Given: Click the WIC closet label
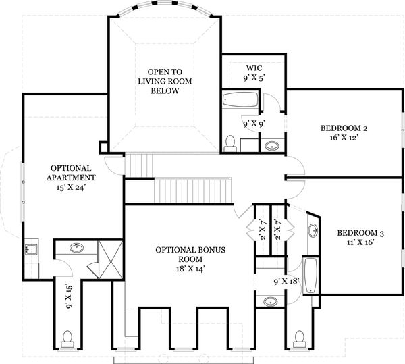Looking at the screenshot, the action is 254,68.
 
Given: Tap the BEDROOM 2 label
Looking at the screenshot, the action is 344,128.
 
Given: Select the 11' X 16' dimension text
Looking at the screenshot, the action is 360,242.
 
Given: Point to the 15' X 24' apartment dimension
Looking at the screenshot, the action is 71,187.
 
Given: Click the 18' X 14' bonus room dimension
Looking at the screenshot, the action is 190,269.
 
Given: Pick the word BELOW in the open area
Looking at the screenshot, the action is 165,91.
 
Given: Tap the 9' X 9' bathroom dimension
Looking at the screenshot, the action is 254,124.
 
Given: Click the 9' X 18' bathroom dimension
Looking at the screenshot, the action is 286,281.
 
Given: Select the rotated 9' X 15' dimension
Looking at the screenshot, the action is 70,296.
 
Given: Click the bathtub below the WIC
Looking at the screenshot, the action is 240,99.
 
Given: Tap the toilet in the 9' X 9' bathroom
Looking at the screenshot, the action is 230,144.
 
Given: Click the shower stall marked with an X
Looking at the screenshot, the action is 111,260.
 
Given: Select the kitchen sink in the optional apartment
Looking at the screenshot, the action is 32,249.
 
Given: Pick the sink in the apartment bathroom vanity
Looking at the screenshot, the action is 76,248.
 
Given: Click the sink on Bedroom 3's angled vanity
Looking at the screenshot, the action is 313,230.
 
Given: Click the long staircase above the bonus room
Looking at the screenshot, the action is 192,191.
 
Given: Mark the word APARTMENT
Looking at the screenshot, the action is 71,178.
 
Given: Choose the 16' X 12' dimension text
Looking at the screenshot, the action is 344,138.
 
